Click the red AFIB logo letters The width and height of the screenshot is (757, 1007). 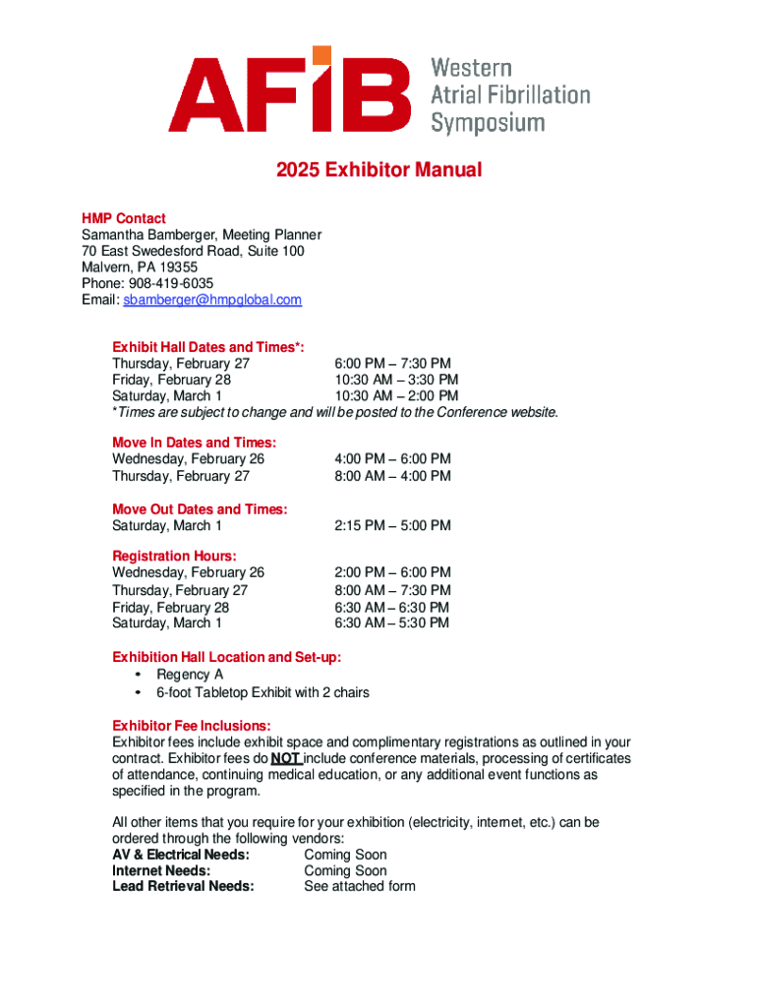289,95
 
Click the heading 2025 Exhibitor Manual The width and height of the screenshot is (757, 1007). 378,170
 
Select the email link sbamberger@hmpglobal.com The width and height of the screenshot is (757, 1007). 212,299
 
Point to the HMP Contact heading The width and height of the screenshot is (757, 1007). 123,218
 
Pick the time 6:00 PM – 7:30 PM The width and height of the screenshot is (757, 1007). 393,364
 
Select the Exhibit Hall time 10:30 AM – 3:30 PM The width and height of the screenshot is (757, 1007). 396,380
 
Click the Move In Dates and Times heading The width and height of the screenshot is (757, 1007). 194,443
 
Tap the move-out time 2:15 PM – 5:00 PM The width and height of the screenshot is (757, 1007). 392,525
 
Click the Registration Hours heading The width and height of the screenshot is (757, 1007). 174,556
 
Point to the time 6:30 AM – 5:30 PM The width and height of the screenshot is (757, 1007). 392,622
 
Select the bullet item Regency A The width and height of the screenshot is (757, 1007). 190,675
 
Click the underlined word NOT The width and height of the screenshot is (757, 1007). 285,759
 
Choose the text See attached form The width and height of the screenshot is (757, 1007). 360,886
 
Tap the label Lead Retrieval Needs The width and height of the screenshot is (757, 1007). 183,886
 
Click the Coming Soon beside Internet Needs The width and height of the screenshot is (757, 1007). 345,870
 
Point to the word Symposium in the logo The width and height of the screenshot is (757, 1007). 488,123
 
